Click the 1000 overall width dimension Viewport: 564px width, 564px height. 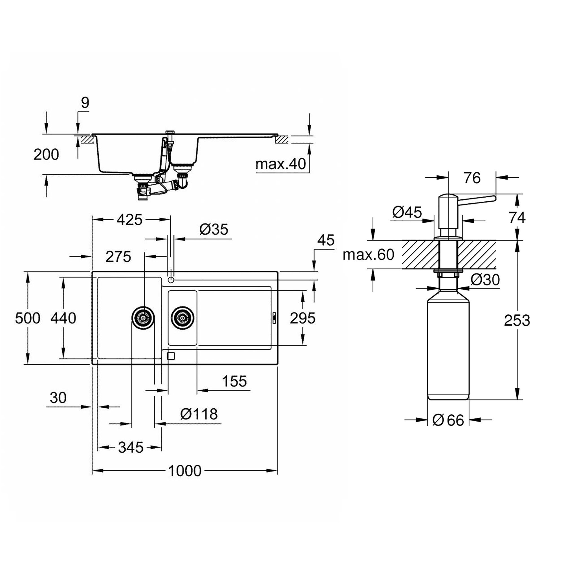[x=185, y=471]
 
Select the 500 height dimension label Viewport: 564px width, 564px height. [x=28, y=318]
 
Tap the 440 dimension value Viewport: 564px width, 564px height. [x=63, y=318]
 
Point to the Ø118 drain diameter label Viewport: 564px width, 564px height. [x=199, y=414]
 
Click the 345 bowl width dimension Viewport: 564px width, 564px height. [x=131, y=447]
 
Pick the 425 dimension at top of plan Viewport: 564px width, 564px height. [x=129, y=219]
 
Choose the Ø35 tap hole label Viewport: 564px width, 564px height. [x=214, y=230]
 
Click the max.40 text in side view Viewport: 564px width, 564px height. [x=281, y=164]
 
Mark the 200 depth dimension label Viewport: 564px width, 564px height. [x=46, y=154]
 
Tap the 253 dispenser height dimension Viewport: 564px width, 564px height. [x=517, y=320]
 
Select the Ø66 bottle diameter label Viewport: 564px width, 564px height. [x=448, y=420]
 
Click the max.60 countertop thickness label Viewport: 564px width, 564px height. [x=368, y=255]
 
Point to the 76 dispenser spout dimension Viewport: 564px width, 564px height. [x=472, y=178]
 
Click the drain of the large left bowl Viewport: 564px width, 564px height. [x=143, y=318]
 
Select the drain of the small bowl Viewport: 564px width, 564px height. [x=182, y=318]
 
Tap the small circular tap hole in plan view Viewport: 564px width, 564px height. [x=171, y=280]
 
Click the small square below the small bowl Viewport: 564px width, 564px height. [x=171, y=356]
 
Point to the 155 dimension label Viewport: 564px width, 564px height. [x=234, y=381]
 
